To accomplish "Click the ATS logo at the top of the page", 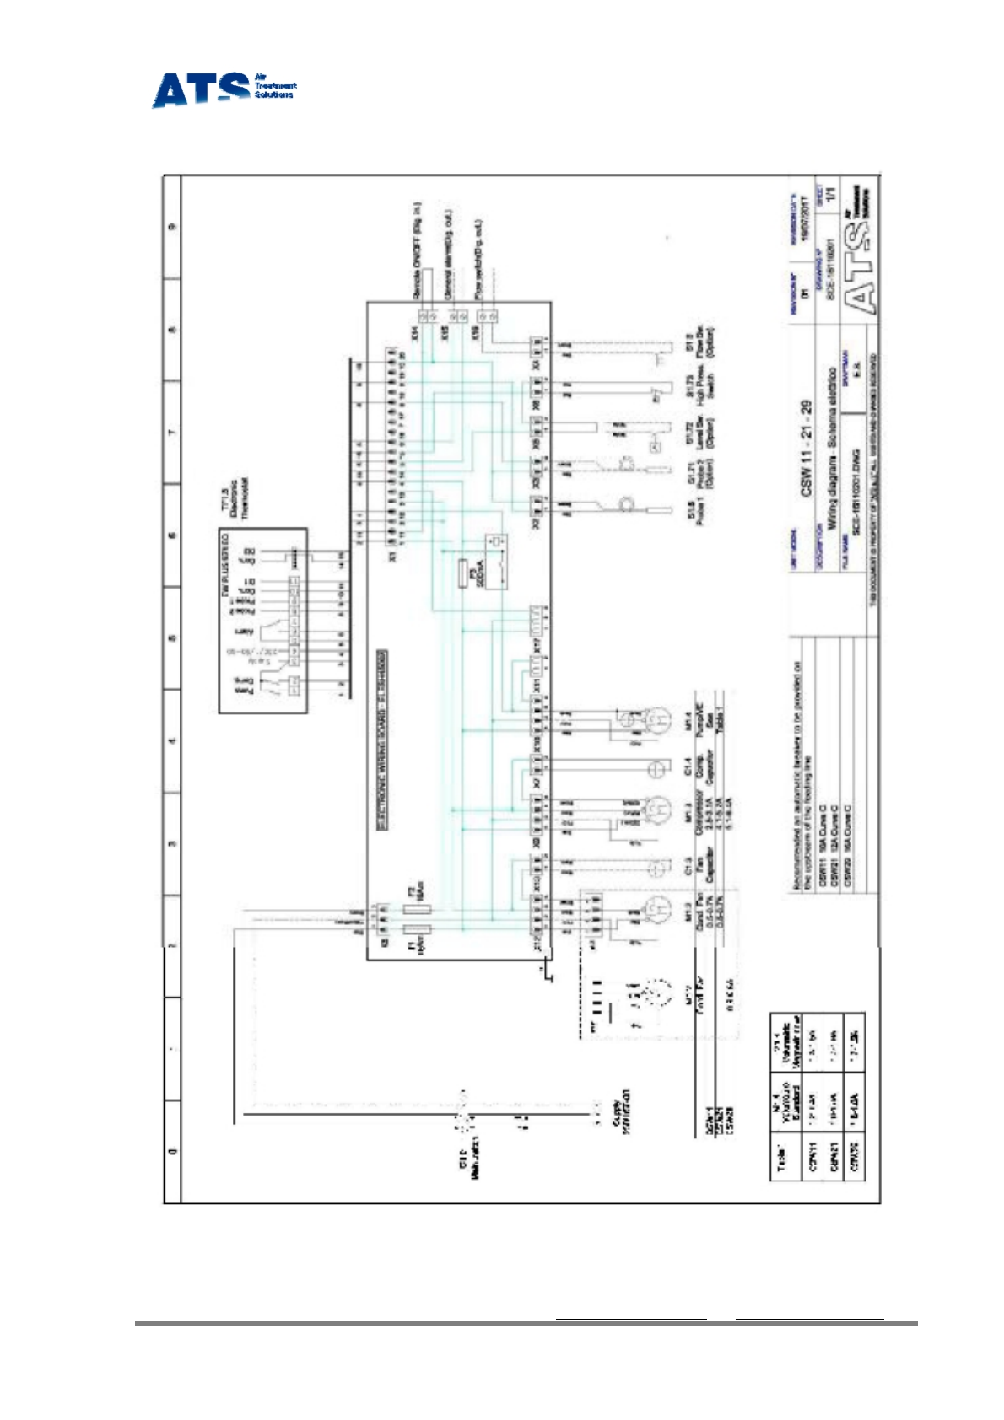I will (x=223, y=89).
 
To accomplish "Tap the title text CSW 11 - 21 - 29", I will (x=806, y=447).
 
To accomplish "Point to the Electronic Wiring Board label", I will (x=381, y=740).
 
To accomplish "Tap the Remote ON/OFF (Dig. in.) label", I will (x=417, y=251).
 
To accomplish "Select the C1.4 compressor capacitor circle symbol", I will (x=656, y=769).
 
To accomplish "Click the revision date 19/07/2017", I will (x=805, y=218).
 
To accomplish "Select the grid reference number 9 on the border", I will (x=173, y=226).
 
